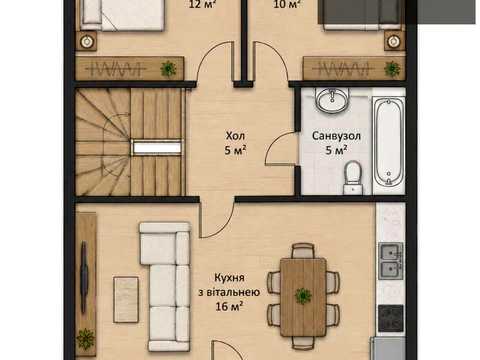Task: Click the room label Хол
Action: pos(235,136)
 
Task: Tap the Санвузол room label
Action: pos(336,136)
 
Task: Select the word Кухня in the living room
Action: pos(229,277)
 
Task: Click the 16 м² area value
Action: pos(229,306)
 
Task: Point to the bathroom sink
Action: pos(332,99)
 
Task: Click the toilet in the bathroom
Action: pos(352,177)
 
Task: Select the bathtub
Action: pos(389,142)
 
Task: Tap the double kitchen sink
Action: pos(391,261)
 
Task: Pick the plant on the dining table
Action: pos(303,296)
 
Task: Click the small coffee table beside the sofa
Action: pos(126,300)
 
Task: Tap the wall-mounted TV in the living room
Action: pos(84,276)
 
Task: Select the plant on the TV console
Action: pos(86,339)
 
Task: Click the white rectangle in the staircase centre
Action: pos(157,148)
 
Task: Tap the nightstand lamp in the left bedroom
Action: pos(87,41)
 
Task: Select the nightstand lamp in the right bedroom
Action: pos(394,41)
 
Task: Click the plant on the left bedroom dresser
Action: pos(168,69)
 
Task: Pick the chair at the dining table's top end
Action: pos(303,251)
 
